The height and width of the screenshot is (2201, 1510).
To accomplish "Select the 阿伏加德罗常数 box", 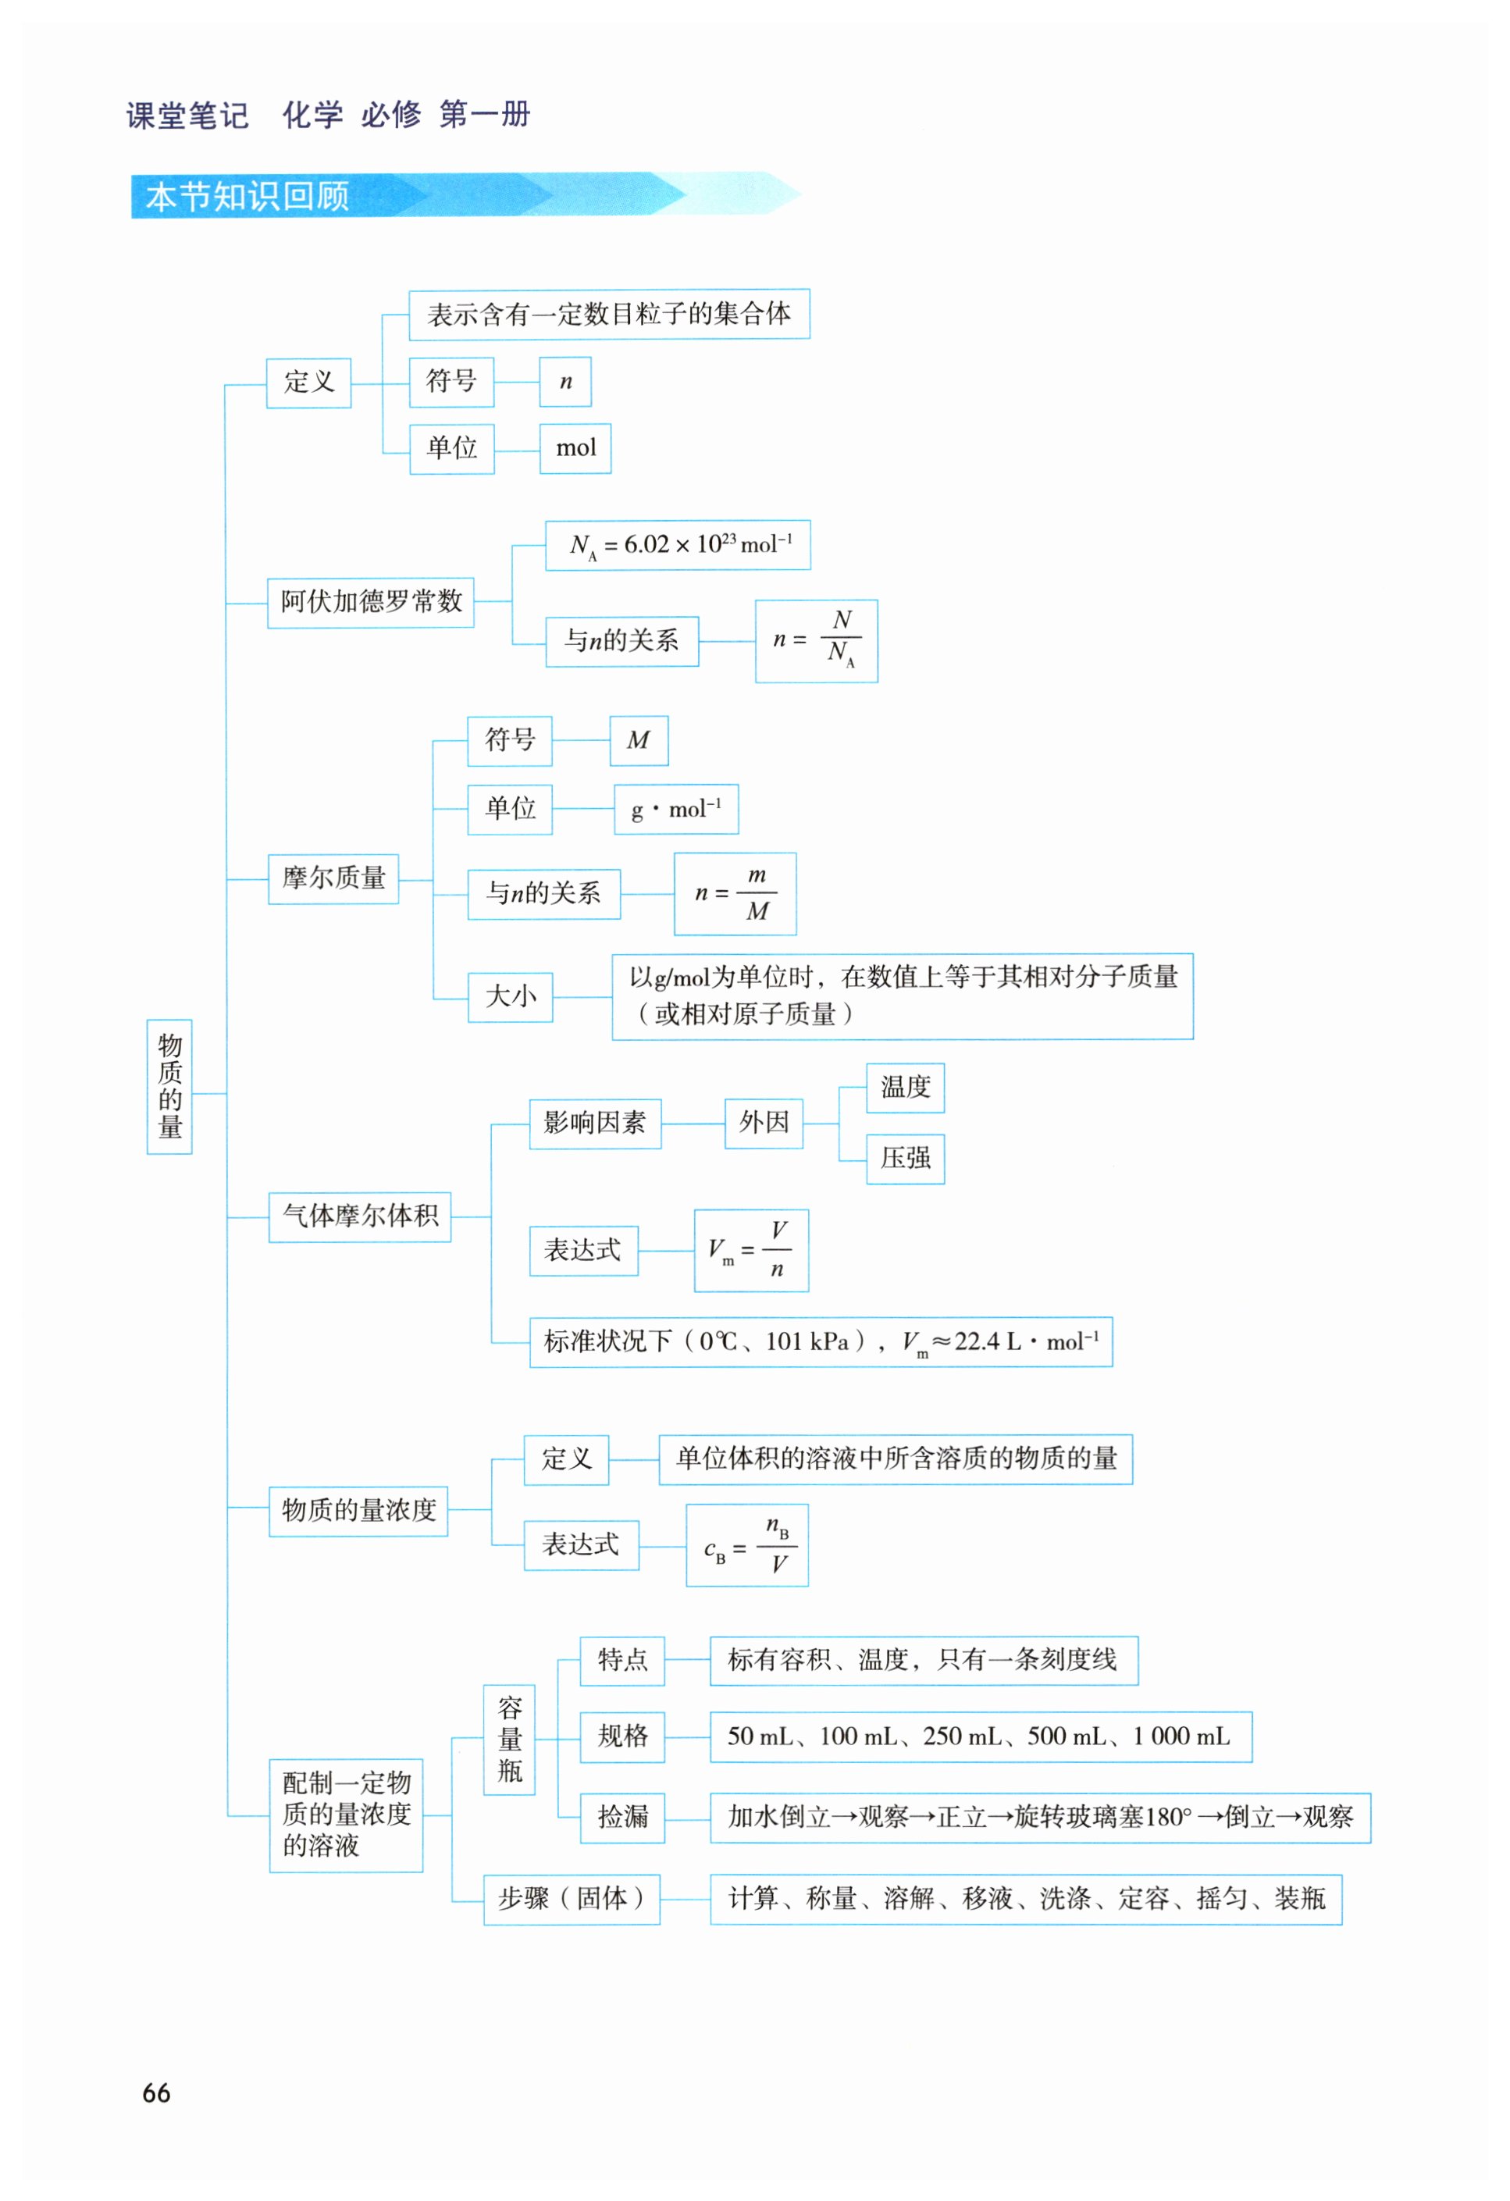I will [370, 602].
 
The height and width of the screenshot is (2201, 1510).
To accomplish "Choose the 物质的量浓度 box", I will [358, 1510].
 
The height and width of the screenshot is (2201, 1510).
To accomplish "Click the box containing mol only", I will [575, 448].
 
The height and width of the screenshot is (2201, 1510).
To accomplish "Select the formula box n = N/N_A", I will [816, 641].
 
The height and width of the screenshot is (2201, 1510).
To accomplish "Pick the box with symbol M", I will [639, 741].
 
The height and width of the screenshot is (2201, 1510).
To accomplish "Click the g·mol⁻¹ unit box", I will [675, 809].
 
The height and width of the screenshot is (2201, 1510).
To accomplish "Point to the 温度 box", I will [905, 1088].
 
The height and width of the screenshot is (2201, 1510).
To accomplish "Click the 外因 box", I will [764, 1124].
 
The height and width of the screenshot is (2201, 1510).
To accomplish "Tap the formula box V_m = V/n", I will [750, 1250].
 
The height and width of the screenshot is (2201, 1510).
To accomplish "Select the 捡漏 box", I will [622, 1817].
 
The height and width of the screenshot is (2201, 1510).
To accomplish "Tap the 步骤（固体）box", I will [572, 1898].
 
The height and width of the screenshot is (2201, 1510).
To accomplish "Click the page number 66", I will [156, 2093].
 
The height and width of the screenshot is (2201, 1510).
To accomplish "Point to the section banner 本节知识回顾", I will [248, 196].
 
